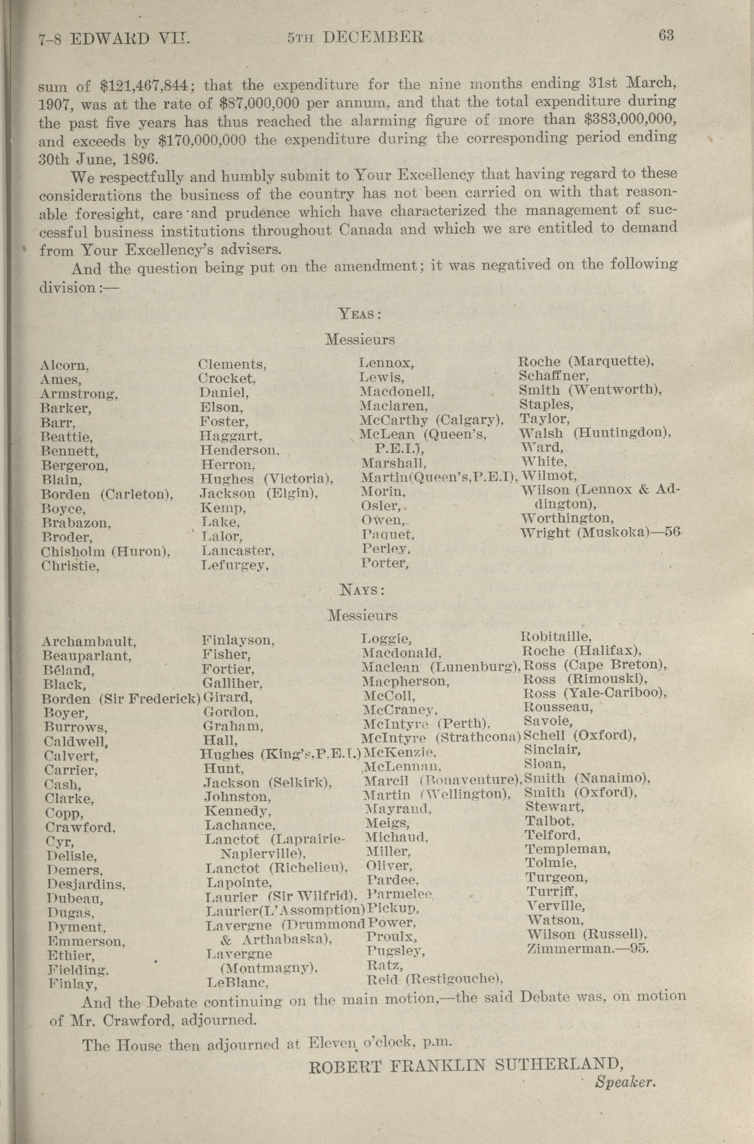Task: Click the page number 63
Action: click(x=666, y=35)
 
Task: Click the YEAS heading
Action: click(x=360, y=314)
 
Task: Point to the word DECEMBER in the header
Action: click(x=373, y=38)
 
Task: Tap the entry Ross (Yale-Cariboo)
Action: click(x=594, y=693)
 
